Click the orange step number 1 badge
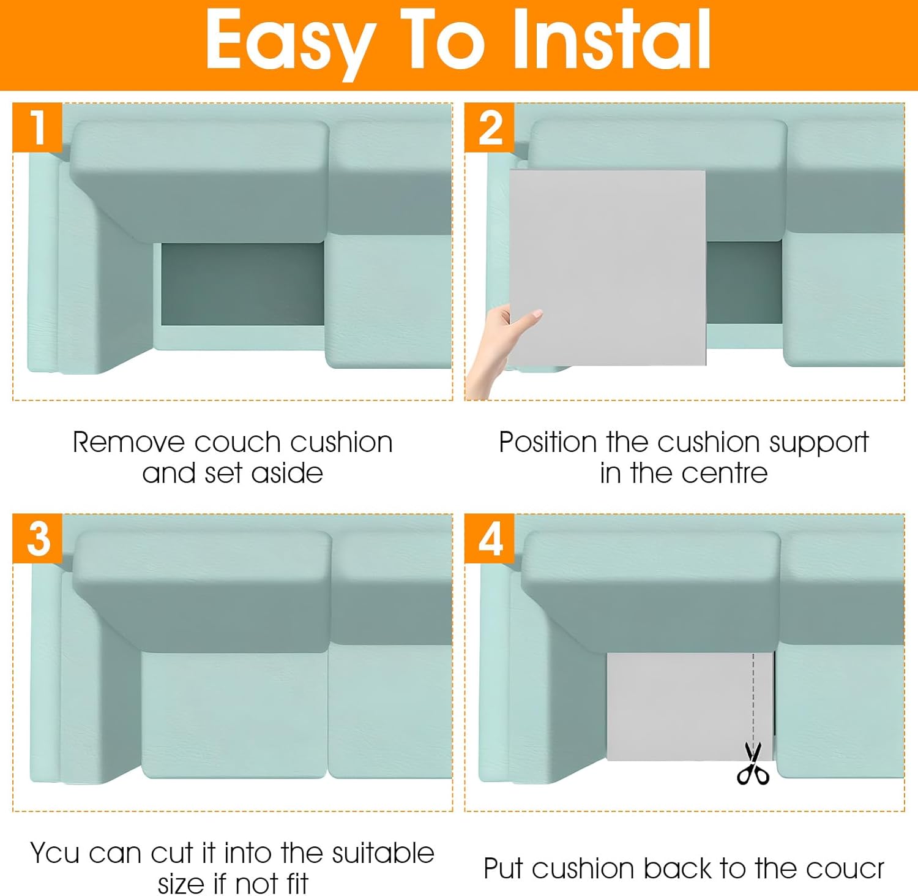[37, 127]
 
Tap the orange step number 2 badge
[490, 127]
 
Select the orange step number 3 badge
[37, 538]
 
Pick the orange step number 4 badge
[490, 538]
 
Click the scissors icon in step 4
[753, 763]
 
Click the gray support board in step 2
[607, 268]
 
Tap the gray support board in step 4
[690, 706]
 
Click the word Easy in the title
[291, 42]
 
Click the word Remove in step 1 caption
[129, 442]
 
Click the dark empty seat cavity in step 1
[242, 284]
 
